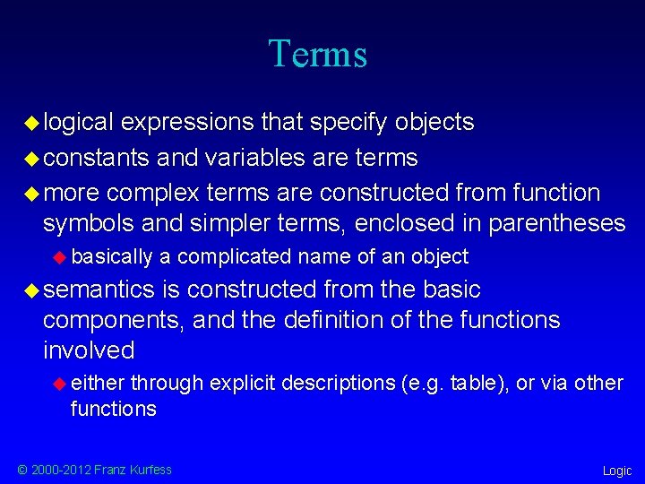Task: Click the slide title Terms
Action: click(x=317, y=54)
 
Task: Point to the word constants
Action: click(x=96, y=158)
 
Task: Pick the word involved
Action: click(x=89, y=350)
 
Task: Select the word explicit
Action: click(x=243, y=383)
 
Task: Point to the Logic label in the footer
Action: click(x=616, y=471)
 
